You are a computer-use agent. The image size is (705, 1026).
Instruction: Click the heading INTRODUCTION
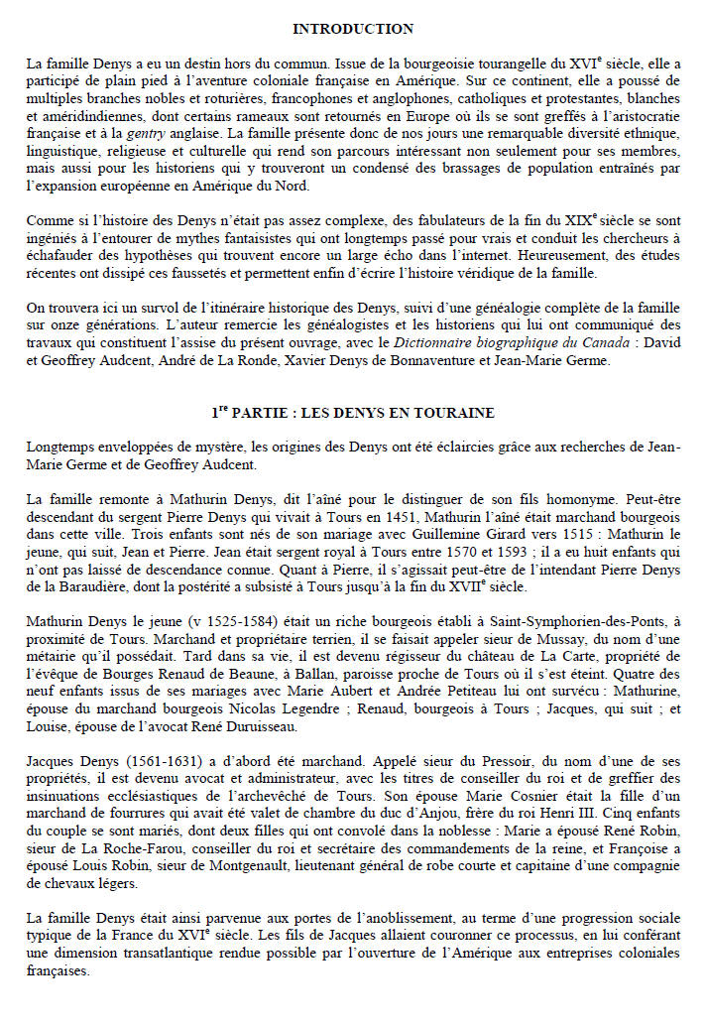[353, 29]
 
